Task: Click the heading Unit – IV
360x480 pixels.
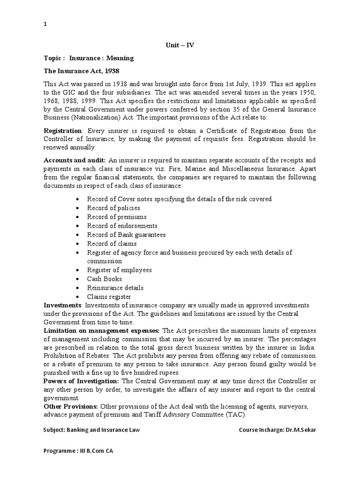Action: click(180, 45)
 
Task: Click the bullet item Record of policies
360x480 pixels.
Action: click(113, 208)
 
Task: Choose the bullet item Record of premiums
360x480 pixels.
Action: click(117, 217)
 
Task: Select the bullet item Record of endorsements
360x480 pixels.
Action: click(122, 225)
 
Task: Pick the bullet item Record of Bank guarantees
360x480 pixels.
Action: click(126, 234)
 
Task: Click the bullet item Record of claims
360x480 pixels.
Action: click(112, 243)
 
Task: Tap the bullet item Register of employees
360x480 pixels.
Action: click(119, 270)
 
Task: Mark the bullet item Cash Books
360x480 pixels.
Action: click(104, 279)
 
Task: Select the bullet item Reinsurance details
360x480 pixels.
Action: click(115, 288)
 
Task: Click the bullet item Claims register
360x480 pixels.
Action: click(109, 297)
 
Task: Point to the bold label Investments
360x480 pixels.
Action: click(62, 305)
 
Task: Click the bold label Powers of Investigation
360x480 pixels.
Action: click(81, 381)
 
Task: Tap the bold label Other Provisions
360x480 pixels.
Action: click(71, 406)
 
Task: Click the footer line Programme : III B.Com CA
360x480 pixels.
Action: click(78, 451)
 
